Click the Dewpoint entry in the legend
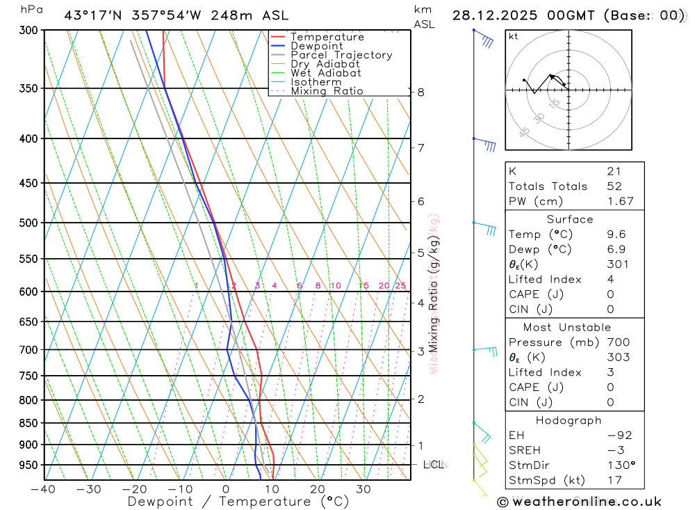[x=316, y=46]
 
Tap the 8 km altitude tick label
[x=420, y=92]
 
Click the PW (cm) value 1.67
[x=620, y=201]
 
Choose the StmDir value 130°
[x=620, y=465]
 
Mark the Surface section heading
[x=570, y=219]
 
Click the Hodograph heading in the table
[x=569, y=420]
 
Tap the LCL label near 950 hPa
[x=433, y=464]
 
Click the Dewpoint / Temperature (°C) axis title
[x=238, y=501]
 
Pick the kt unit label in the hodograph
[x=513, y=36]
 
